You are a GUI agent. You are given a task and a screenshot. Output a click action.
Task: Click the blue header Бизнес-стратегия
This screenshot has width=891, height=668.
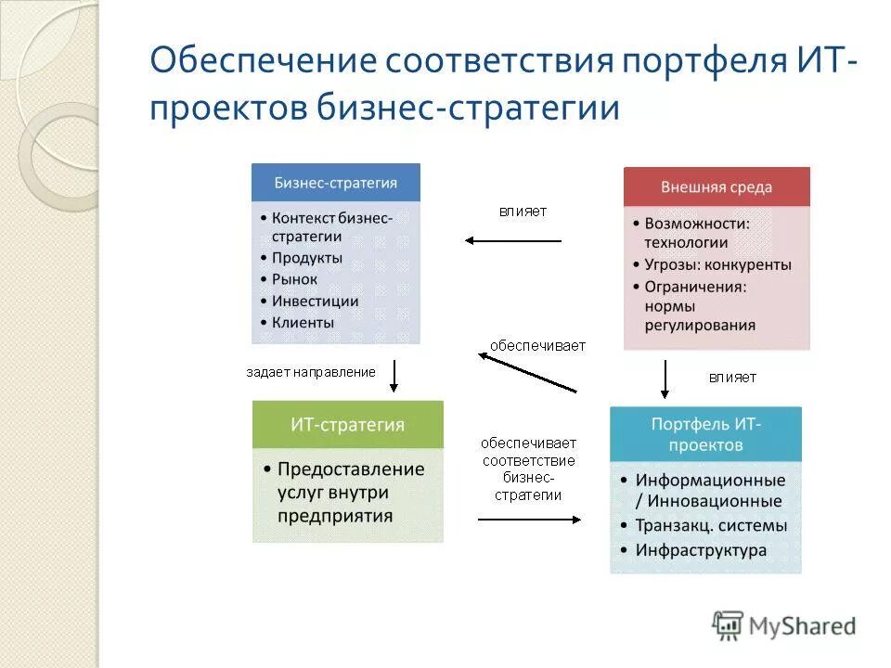[x=335, y=183]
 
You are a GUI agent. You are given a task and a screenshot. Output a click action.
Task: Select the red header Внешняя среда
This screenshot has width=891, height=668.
[x=716, y=186]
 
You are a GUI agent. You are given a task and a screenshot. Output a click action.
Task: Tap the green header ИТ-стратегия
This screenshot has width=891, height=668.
[x=347, y=425]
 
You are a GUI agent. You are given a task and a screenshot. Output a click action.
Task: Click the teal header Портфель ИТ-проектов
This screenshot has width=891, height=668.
[x=704, y=434]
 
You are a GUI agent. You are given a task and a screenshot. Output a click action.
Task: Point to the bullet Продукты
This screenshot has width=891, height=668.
[x=306, y=257]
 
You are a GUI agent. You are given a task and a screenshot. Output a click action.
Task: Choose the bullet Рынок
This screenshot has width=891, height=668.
[x=294, y=279]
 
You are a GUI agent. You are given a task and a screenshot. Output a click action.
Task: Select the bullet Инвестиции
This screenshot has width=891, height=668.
[x=315, y=301]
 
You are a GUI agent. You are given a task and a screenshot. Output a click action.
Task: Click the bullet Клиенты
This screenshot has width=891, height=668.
[x=303, y=323]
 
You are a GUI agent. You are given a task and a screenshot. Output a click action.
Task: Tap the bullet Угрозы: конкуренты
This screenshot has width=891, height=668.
[x=717, y=264]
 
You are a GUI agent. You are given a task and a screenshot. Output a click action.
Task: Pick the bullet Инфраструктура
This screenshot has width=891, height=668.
[x=701, y=550]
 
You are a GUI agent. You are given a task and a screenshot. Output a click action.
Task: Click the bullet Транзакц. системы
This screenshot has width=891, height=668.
[x=710, y=525]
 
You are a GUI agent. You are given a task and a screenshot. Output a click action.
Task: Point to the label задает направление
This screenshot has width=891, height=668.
[x=310, y=372]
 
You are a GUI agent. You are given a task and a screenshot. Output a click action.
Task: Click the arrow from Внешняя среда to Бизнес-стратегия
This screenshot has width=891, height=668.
[x=513, y=241]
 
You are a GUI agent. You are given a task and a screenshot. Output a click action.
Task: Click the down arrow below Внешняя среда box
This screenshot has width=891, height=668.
[x=665, y=378]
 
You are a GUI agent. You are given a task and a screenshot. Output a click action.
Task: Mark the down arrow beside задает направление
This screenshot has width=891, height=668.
[x=394, y=375]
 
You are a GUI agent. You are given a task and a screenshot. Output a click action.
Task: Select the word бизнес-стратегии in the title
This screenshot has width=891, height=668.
[x=470, y=107]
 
